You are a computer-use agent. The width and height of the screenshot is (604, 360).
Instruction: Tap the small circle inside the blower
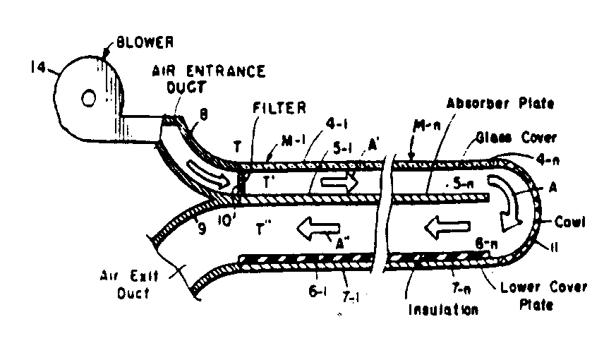(90, 98)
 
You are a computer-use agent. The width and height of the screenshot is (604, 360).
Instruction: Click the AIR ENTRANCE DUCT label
(208, 78)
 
